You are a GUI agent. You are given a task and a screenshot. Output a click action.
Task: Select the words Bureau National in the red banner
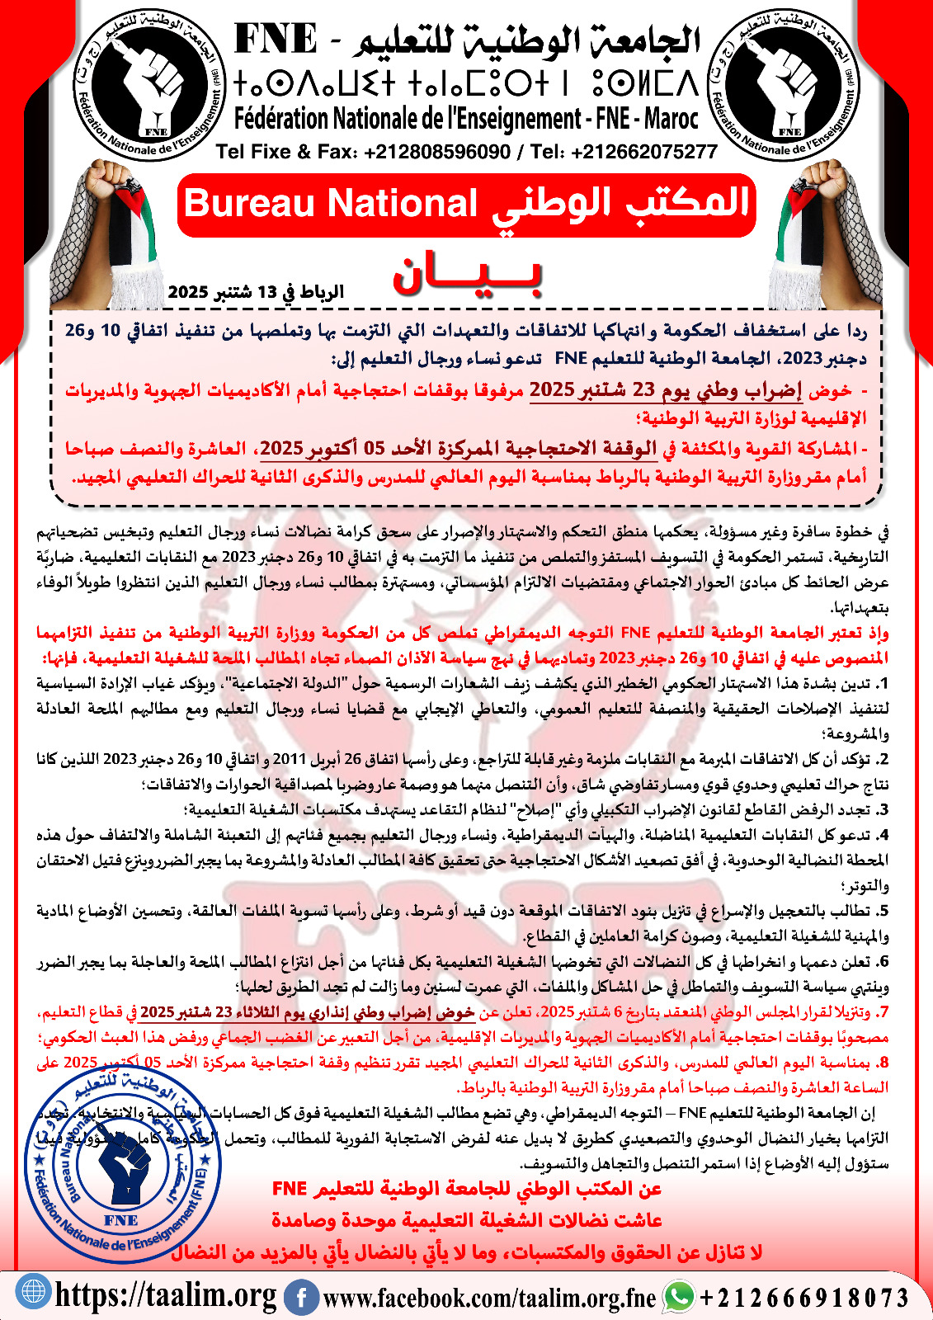[x=331, y=204]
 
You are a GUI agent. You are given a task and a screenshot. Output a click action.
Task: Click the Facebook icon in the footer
[x=302, y=1296]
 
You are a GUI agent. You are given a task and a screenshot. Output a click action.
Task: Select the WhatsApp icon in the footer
[x=680, y=1295]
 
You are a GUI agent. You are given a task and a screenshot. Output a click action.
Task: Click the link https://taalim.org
[x=165, y=1294]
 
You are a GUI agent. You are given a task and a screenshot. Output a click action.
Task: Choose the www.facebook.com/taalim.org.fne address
[x=489, y=1298]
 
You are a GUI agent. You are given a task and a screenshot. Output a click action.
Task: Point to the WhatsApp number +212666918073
[x=804, y=1298]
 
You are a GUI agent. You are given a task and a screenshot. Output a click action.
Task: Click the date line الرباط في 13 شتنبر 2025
[x=256, y=292]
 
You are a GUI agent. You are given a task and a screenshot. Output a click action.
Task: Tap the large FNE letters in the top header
[x=276, y=40]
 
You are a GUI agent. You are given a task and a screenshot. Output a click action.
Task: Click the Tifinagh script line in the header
[x=466, y=84]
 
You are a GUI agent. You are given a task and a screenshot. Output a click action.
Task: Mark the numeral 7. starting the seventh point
[x=883, y=1011]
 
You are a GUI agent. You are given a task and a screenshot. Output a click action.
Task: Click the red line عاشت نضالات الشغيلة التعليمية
[x=467, y=1219]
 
